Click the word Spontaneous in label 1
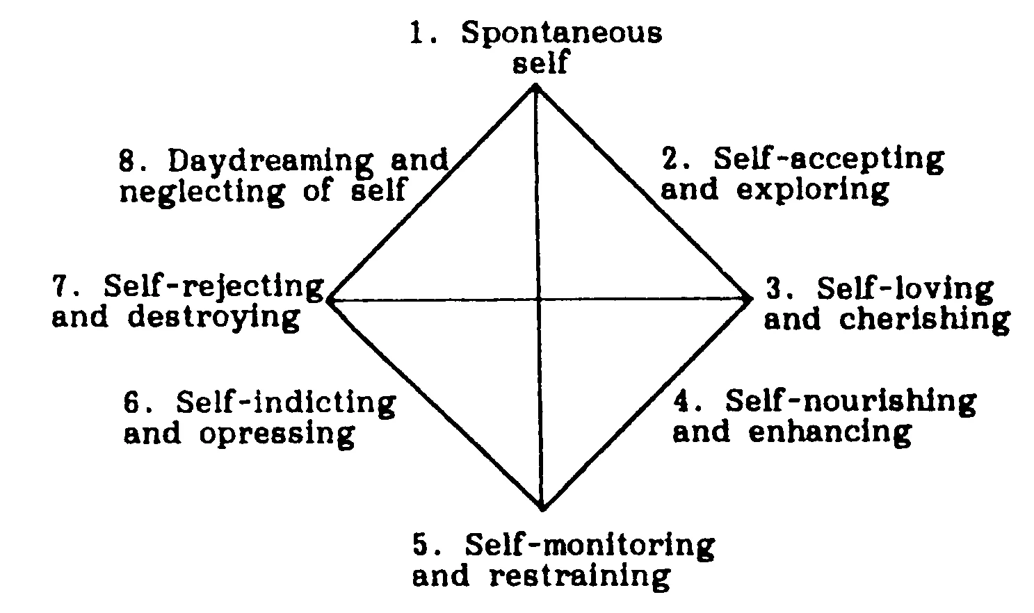561,33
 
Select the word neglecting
202,190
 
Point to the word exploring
812,190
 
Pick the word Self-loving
905,289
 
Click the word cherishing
924,320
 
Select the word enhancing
830,432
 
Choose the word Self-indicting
286,402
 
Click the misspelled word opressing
277,434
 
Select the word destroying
214,318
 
